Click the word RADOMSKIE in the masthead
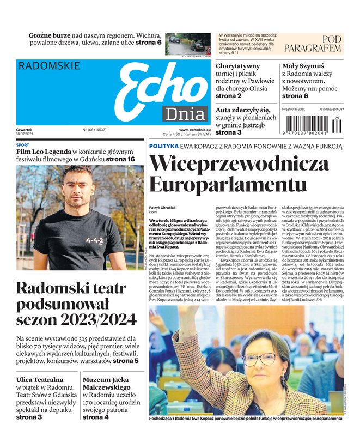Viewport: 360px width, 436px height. pos(49,66)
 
